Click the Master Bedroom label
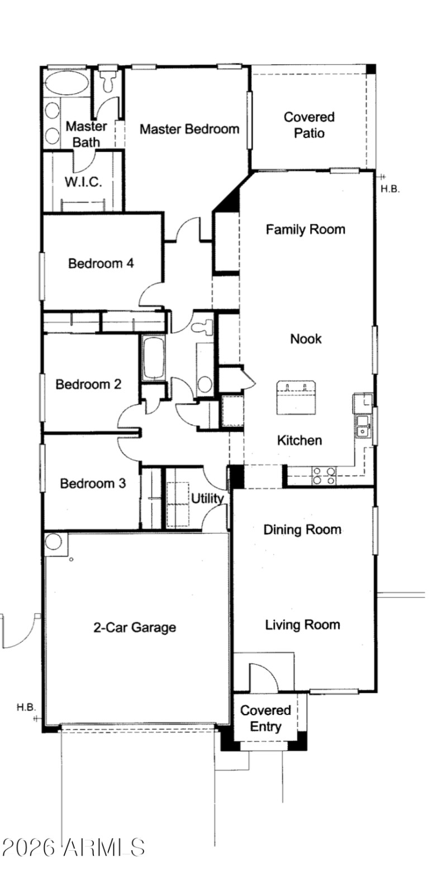(189, 129)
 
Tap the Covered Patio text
(309, 125)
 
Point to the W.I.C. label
(83, 182)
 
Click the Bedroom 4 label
(101, 263)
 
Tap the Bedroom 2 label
(88, 384)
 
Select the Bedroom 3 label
(93, 483)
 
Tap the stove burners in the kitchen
(324, 476)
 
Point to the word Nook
(306, 338)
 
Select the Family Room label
(305, 229)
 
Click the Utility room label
(207, 498)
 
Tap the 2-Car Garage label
(134, 627)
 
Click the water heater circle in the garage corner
(54, 541)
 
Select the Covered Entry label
(265, 718)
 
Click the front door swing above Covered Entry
(263, 677)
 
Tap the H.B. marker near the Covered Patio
(390, 189)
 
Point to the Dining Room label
(302, 529)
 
